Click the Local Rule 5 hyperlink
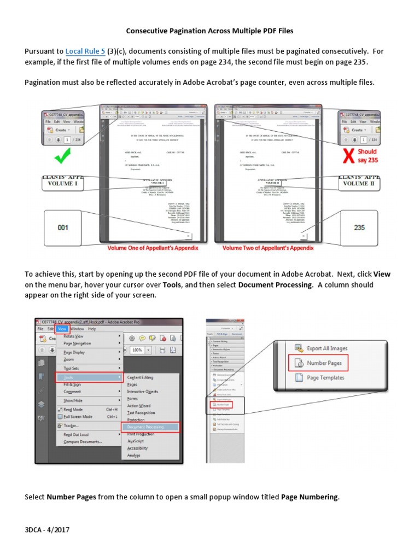[x=86, y=51]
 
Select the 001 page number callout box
[x=63, y=227]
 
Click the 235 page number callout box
[x=359, y=227]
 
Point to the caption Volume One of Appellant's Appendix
[x=153, y=248]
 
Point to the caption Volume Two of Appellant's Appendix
[x=268, y=248]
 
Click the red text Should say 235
[x=367, y=156]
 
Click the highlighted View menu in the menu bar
[x=62, y=329]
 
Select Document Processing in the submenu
[x=150, y=427]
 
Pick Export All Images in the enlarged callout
[x=326, y=348]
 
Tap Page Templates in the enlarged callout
[x=325, y=377]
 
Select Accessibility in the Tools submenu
[x=137, y=448]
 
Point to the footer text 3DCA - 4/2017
[x=48, y=530]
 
